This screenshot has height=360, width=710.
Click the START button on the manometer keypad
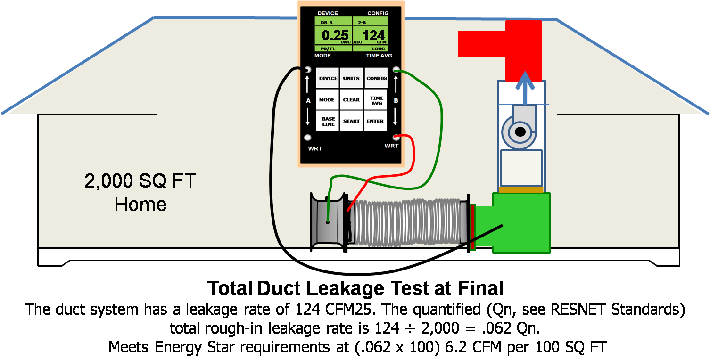[x=351, y=121]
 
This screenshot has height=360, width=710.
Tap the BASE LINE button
[x=328, y=121]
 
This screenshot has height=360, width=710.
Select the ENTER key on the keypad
[x=375, y=121]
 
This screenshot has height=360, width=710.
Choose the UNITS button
[x=351, y=78]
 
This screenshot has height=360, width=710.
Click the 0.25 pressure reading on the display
[x=335, y=35]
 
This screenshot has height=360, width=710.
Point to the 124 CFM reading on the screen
[x=373, y=35]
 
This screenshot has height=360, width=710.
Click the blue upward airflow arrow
[x=525, y=88]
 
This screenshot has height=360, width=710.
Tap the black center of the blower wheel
[x=520, y=132]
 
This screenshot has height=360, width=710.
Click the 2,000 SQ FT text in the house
[x=140, y=181]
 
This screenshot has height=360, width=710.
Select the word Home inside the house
[x=140, y=205]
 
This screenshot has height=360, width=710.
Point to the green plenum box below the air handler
[x=521, y=223]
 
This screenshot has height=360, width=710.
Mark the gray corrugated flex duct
[x=407, y=222]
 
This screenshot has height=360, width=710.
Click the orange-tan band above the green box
[x=521, y=189]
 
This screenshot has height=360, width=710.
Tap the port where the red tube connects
[x=396, y=137]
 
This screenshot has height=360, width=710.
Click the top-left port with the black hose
[x=308, y=69]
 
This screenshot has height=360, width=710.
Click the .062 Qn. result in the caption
[x=511, y=328]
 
